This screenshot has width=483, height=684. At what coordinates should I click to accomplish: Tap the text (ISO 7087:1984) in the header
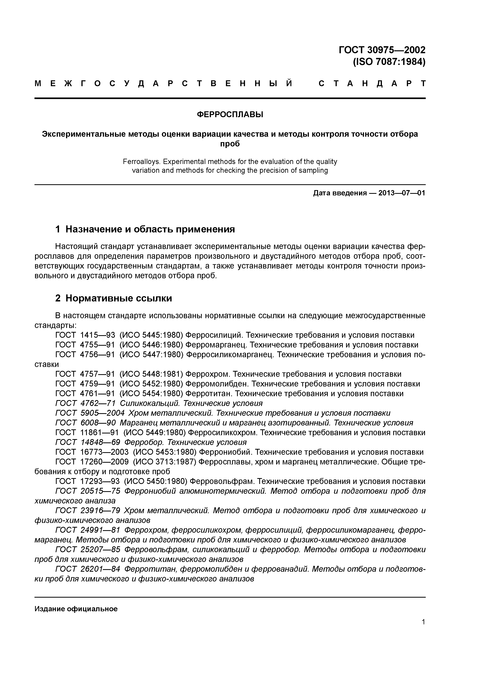[x=389, y=62]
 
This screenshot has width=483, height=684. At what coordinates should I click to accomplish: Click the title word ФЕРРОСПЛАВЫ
[x=230, y=114]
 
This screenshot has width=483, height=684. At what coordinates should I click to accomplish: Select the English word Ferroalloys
[x=142, y=162]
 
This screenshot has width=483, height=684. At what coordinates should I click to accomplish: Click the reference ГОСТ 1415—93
[x=85, y=335]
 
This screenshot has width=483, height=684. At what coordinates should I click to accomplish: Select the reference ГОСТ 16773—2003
[x=92, y=452]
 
